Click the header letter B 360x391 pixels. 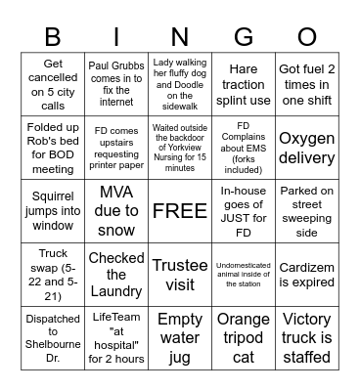click(53, 36)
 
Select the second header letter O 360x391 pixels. click(307, 36)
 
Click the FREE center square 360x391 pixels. click(180, 210)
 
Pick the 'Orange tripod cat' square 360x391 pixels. click(244, 337)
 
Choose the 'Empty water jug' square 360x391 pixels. click(180, 337)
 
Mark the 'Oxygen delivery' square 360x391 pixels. click(307, 147)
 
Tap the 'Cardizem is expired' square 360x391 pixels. click(307, 274)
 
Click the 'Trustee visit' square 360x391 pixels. click(180, 274)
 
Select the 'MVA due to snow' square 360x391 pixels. click(116, 210)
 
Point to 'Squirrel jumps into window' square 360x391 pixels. click(53, 210)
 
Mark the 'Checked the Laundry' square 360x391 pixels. click(116, 274)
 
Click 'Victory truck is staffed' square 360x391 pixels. click(307, 337)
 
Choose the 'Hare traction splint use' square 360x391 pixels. click(244, 84)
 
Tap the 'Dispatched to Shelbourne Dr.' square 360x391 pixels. click(53, 337)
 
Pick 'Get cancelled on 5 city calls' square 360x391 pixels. click(53, 84)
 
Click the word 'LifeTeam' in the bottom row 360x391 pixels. click(116, 318)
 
